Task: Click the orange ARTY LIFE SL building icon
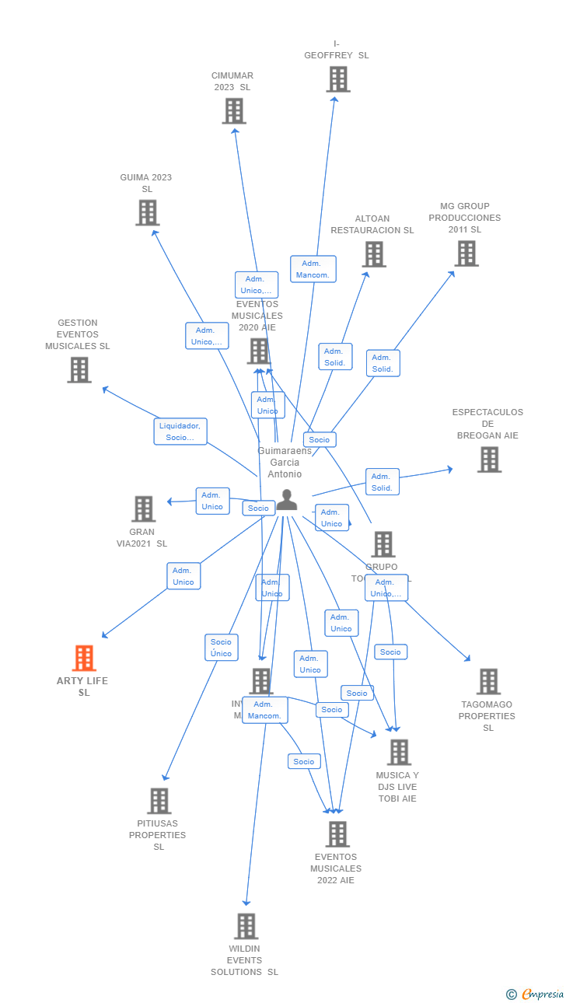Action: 84,658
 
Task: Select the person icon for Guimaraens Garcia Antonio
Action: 287,500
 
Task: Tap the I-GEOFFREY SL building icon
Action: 337,79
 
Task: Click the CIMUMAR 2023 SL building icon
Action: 233,111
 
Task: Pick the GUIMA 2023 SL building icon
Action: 147,212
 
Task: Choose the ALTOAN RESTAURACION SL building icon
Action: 373,254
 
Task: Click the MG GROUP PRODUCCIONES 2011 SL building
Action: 466,253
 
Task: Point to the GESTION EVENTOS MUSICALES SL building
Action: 79,370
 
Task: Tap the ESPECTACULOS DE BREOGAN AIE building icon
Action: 488,460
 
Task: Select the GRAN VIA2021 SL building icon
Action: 143,509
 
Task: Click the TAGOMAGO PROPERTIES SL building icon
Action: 487,682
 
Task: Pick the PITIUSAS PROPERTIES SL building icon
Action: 159,801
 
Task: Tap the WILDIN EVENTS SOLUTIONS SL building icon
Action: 246,926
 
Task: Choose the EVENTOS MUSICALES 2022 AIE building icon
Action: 337,834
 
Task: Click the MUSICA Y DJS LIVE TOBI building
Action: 398,752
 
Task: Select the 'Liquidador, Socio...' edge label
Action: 180,432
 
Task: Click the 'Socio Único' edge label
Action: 221,648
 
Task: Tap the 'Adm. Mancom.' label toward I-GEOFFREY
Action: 313,269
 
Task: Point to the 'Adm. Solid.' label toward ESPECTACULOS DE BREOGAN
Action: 382,482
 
